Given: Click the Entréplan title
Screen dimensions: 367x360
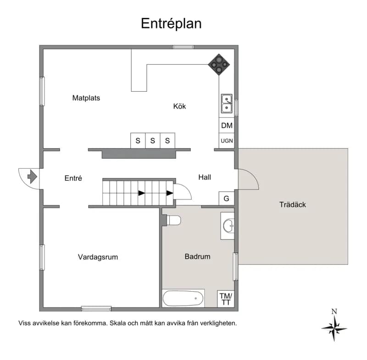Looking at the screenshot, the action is (x=171, y=24).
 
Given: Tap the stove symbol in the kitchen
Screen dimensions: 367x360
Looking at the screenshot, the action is (x=219, y=64).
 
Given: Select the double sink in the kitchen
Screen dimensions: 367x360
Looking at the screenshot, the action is (x=227, y=103).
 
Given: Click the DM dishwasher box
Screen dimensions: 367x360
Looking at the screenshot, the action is (x=227, y=125).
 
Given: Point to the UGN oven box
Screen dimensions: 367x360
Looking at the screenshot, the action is (x=227, y=141).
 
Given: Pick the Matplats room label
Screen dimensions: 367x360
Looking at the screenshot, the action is (x=86, y=98).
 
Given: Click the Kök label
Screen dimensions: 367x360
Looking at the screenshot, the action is (x=179, y=106).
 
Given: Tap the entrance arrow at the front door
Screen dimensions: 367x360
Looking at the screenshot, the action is (x=32, y=177).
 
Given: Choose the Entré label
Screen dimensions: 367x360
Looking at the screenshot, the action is (x=73, y=178).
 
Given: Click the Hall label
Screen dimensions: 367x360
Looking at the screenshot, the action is (x=205, y=177).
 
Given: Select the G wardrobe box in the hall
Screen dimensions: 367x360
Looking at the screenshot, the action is (x=226, y=199).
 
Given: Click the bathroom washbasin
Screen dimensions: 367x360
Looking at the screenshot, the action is (x=228, y=226).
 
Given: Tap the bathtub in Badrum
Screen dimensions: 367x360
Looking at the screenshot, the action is (x=183, y=298).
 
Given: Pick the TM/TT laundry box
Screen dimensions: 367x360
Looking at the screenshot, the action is (x=226, y=299).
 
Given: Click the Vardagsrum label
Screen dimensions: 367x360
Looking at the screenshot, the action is (x=98, y=257).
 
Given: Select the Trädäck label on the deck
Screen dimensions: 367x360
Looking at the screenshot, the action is (x=293, y=205).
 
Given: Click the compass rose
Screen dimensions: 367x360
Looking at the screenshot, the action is (x=334, y=328).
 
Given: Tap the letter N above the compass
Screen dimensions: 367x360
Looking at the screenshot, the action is (x=334, y=311).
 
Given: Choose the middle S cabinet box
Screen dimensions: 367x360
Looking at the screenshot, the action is (x=153, y=141).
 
